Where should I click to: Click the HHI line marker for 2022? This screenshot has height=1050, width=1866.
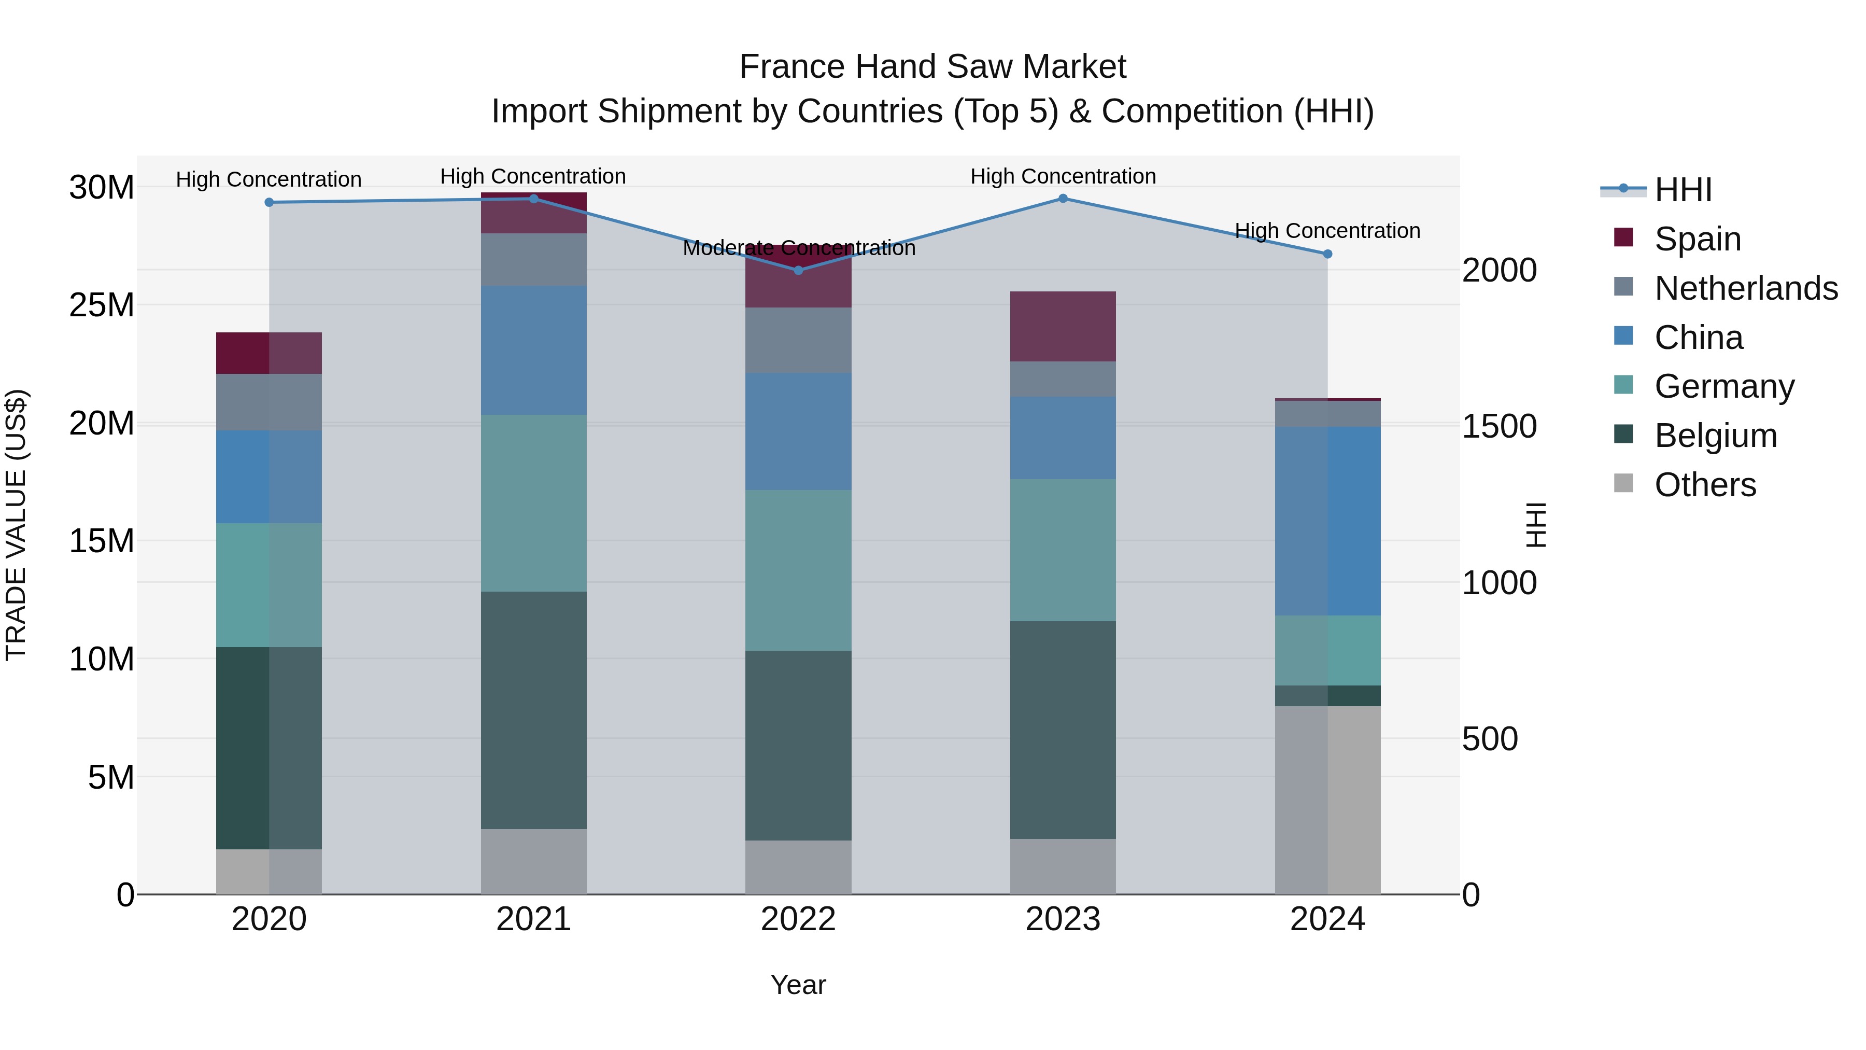(x=798, y=270)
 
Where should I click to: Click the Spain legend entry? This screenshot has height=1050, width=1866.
(x=1697, y=239)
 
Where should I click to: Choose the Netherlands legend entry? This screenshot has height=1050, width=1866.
(x=1746, y=288)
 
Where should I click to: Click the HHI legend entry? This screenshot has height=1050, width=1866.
(x=1683, y=190)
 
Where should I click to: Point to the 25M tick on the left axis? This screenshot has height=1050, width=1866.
(x=102, y=305)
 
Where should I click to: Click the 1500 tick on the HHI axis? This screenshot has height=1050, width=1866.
(x=1499, y=426)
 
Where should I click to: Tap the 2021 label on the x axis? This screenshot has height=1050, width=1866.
(x=533, y=919)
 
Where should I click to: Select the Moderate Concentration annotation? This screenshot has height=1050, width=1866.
(x=798, y=248)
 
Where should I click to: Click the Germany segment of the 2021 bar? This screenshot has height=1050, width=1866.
(x=533, y=503)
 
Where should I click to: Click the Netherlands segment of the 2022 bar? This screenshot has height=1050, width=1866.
(x=798, y=341)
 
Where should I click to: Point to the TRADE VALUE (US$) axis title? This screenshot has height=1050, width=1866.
(x=17, y=525)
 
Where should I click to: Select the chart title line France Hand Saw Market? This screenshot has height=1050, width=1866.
(x=932, y=67)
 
